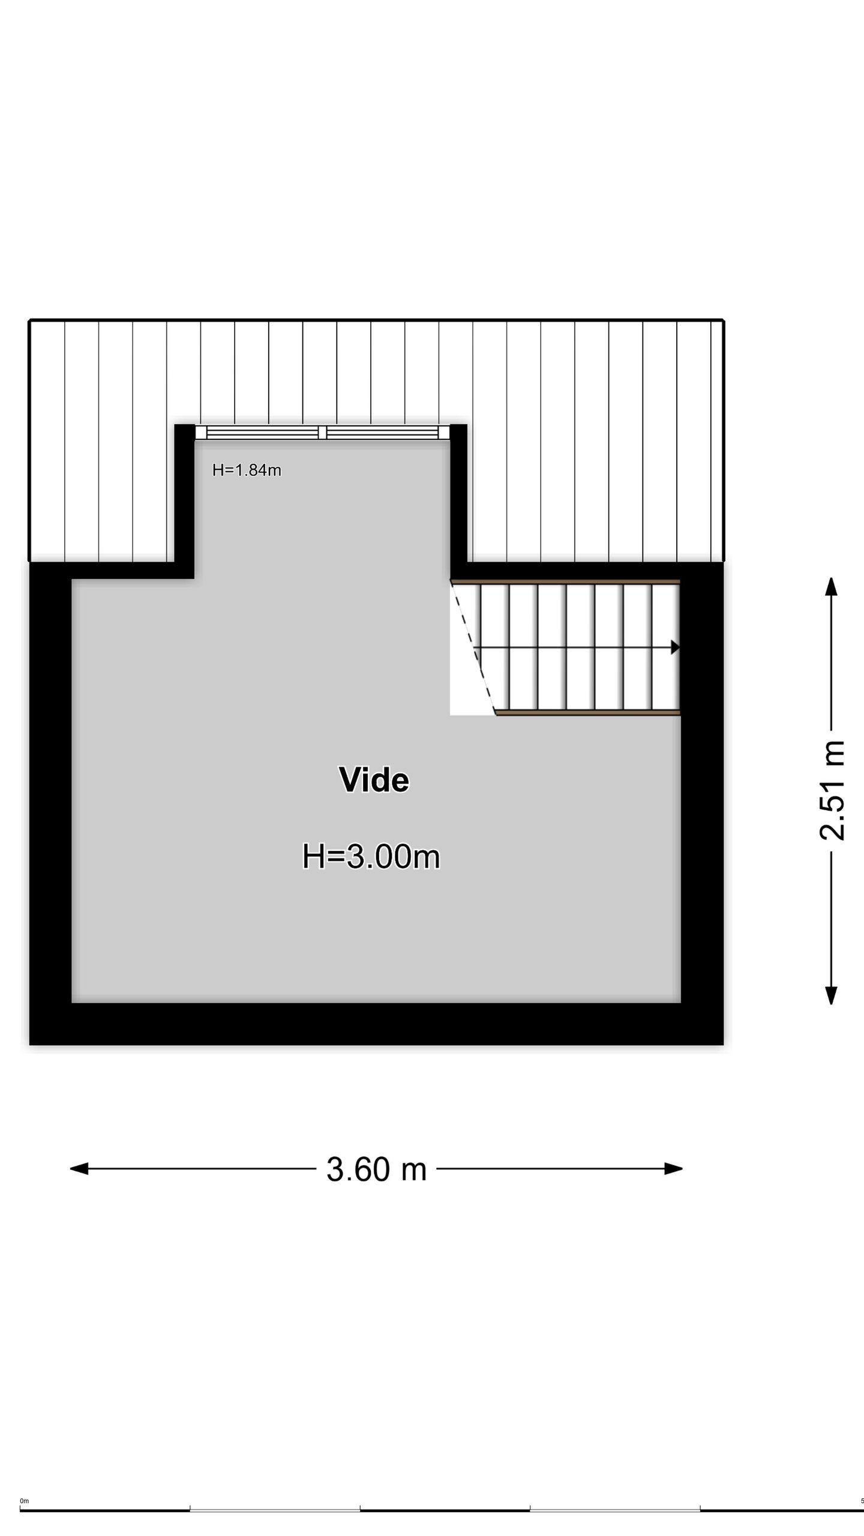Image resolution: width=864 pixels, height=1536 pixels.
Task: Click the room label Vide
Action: tap(374, 780)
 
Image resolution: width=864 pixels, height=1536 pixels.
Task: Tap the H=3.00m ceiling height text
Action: tap(371, 856)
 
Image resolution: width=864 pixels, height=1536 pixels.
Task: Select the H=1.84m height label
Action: tap(247, 470)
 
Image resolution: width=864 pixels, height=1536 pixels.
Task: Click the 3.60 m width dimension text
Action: tap(376, 1169)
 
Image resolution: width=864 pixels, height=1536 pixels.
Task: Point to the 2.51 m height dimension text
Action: tap(832, 790)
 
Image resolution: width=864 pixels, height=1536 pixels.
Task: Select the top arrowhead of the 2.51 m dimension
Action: tap(831, 586)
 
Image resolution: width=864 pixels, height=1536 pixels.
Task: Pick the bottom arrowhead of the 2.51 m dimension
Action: tap(831, 995)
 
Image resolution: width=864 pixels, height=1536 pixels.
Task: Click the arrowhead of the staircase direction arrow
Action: tap(675, 647)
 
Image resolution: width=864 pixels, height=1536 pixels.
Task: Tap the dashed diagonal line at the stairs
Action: tap(473, 648)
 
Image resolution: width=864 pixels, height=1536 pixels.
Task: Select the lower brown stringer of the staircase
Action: tap(588, 713)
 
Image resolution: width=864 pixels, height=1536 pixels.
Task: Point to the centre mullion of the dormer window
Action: tap(322, 432)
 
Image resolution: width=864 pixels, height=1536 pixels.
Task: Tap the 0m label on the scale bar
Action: tap(24, 1501)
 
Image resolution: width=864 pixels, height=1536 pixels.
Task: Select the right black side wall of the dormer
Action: tap(458, 492)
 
